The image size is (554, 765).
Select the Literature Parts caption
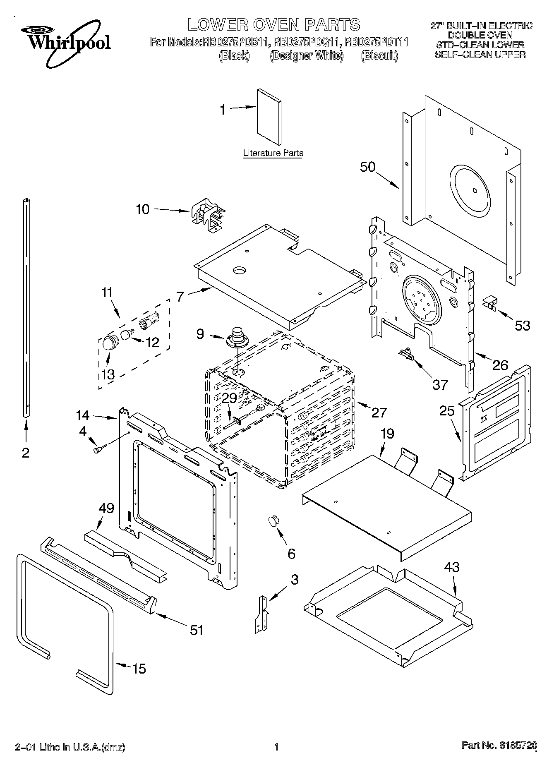coord(273,153)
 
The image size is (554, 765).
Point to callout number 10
coord(142,209)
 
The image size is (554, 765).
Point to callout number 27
coord(379,412)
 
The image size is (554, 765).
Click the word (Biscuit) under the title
coord(379,55)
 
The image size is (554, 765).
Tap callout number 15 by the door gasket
coord(139,668)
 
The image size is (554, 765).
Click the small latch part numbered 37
coord(405,354)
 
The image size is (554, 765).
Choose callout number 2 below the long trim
coord(26,453)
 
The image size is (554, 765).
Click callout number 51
coord(197,630)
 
